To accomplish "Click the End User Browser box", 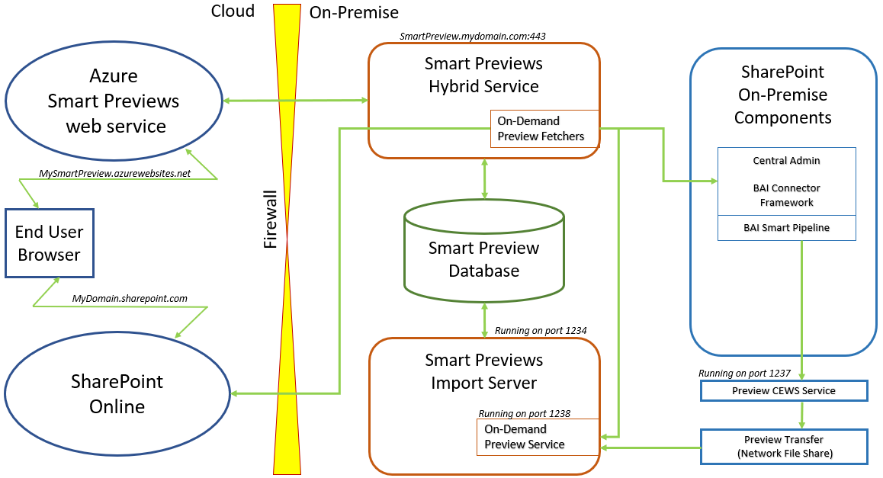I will [x=49, y=243].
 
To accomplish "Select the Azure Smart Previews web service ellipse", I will [x=114, y=101].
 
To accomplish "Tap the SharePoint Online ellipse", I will [x=117, y=393].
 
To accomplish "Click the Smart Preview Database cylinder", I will [x=484, y=259].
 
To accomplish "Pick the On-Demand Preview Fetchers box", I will [x=541, y=129].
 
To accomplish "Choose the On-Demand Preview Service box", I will [x=525, y=437].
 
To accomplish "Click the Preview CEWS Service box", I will [x=784, y=391].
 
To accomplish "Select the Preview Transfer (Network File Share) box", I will [x=784, y=447].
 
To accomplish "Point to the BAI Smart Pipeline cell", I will [x=786, y=227].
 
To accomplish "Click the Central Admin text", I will [x=786, y=161].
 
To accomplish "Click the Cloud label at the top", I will [x=233, y=11].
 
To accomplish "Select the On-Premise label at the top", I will [x=354, y=13].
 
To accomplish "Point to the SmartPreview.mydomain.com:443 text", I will [x=473, y=36].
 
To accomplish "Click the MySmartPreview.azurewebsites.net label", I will [x=114, y=174].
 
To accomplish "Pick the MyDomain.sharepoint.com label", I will [x=130, y=298].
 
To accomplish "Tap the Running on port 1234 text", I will [x=541, y=330].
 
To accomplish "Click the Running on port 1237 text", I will [x=744, y=374].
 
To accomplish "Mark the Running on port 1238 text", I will [x=525, y=413].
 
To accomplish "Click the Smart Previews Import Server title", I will [x=484, y=371].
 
